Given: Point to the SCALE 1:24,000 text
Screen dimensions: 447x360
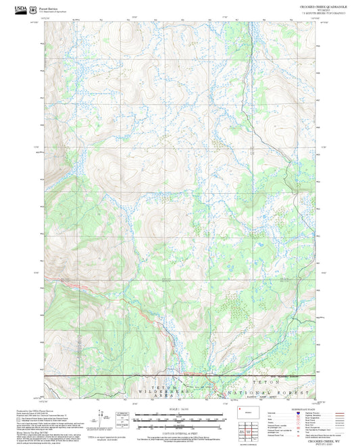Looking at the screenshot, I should tap(179, 410).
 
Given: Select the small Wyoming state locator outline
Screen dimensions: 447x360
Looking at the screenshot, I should tap(244, 410).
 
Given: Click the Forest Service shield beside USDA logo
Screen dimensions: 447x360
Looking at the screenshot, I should tap(33, 8).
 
